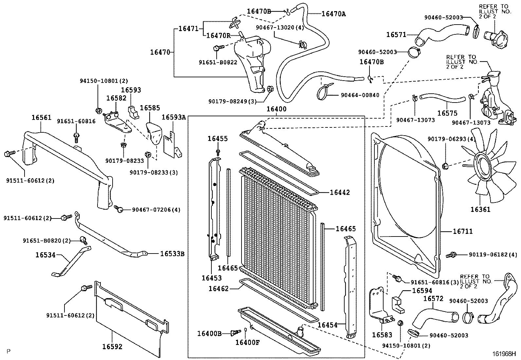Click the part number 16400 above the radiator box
pos(276,109)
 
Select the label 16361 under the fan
pos(480,209)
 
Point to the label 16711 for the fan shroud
pos(463,232)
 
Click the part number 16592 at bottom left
pos(112,347)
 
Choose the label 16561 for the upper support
pos(42,118)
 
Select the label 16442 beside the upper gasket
pos(340,193)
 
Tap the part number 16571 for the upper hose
pos(396,35)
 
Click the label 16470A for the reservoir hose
pos(333,14)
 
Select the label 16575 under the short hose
pos(447,113)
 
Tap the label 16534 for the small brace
pos(45,254)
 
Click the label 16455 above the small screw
pos(217,139)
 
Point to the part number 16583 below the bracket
pos(382,335)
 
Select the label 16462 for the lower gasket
pos(218,289)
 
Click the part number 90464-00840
pos(360,95)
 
